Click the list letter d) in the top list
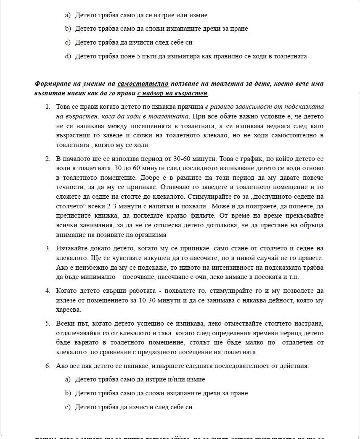[68, 56]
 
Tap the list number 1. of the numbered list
[48, 107]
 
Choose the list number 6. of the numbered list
[48, 365]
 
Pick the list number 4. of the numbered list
[48, 291]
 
